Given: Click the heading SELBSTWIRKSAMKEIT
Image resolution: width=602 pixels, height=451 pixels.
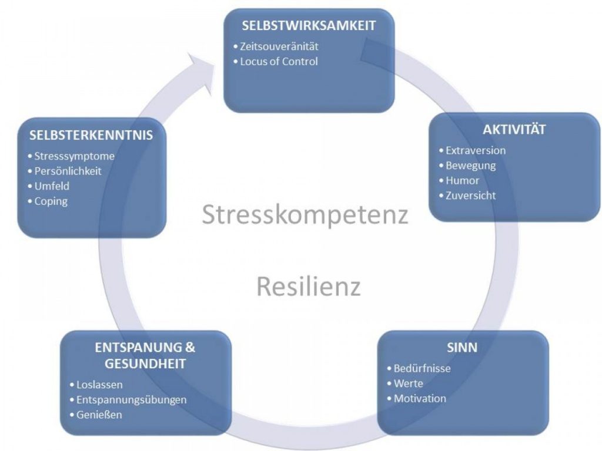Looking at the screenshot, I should coord(309,26).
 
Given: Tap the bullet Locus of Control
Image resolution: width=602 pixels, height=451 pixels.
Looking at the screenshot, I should coord(279,62).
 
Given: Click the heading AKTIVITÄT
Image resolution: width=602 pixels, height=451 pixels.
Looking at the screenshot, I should coord(506,130).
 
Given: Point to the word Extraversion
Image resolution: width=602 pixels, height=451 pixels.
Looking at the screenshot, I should coord(475,150).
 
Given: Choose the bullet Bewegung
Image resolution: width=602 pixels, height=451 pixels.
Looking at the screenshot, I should coord(470,166).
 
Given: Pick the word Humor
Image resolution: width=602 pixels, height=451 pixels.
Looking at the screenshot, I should coord(462,181).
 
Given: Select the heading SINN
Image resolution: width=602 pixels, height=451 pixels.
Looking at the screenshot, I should coord(462,348).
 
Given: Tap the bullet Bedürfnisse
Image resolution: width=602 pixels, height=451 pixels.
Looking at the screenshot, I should coord(422,369).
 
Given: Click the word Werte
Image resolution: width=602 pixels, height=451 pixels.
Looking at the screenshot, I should coord(408,384).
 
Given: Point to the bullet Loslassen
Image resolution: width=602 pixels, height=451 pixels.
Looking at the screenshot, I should coord(99,385).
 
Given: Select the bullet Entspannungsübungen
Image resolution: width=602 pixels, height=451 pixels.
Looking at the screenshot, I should coord(131,400).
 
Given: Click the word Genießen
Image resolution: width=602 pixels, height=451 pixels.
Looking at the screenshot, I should coord(99,415).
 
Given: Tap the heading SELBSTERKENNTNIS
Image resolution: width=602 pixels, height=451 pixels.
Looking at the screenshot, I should coord(91,136).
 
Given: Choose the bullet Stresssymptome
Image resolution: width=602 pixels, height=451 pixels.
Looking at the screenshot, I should coord(74,157).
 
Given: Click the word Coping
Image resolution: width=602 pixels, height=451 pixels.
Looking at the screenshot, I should coord(51,201).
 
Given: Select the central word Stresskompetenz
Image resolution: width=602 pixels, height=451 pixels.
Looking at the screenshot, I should coord(305,215).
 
